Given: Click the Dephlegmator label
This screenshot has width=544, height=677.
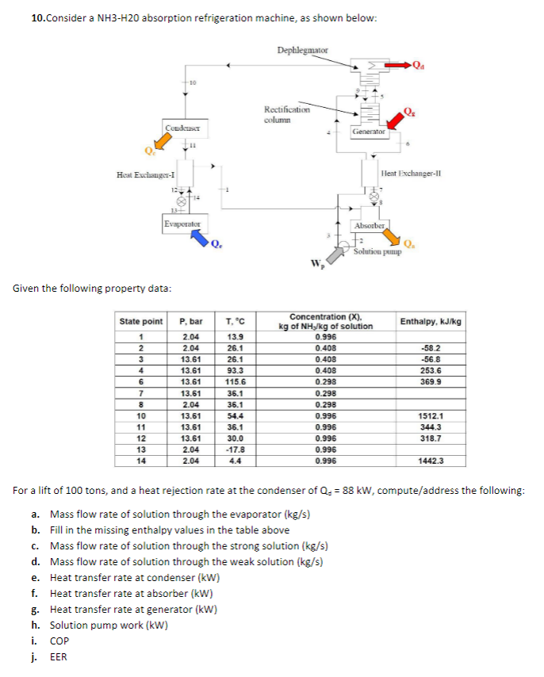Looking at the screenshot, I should (x=302, y=51).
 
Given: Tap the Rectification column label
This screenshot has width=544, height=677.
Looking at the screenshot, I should (x=282, y=114).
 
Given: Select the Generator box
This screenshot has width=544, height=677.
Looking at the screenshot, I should (x=369, y=132).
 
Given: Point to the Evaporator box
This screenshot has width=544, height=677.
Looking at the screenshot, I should (x=182, y=224).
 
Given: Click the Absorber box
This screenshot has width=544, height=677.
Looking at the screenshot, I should (x=370, y=226).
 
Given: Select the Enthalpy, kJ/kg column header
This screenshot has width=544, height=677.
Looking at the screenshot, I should (x=431, y=321).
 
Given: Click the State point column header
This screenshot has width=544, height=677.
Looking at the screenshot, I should (x=141, y=321).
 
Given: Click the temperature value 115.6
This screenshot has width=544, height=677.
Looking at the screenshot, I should (x=235, y=381).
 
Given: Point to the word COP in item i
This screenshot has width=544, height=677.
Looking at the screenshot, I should (x=59, y=641).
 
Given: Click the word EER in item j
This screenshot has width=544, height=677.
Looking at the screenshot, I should (x=59, y=656).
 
